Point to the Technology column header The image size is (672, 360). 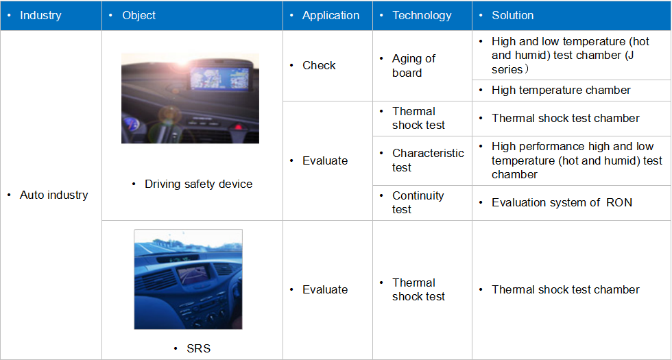click(x=422, y=15)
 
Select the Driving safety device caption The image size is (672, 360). click(x=198, y=184)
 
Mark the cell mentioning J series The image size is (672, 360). click(x=571, y=56)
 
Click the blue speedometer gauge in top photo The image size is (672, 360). click(x=132, y=124)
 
